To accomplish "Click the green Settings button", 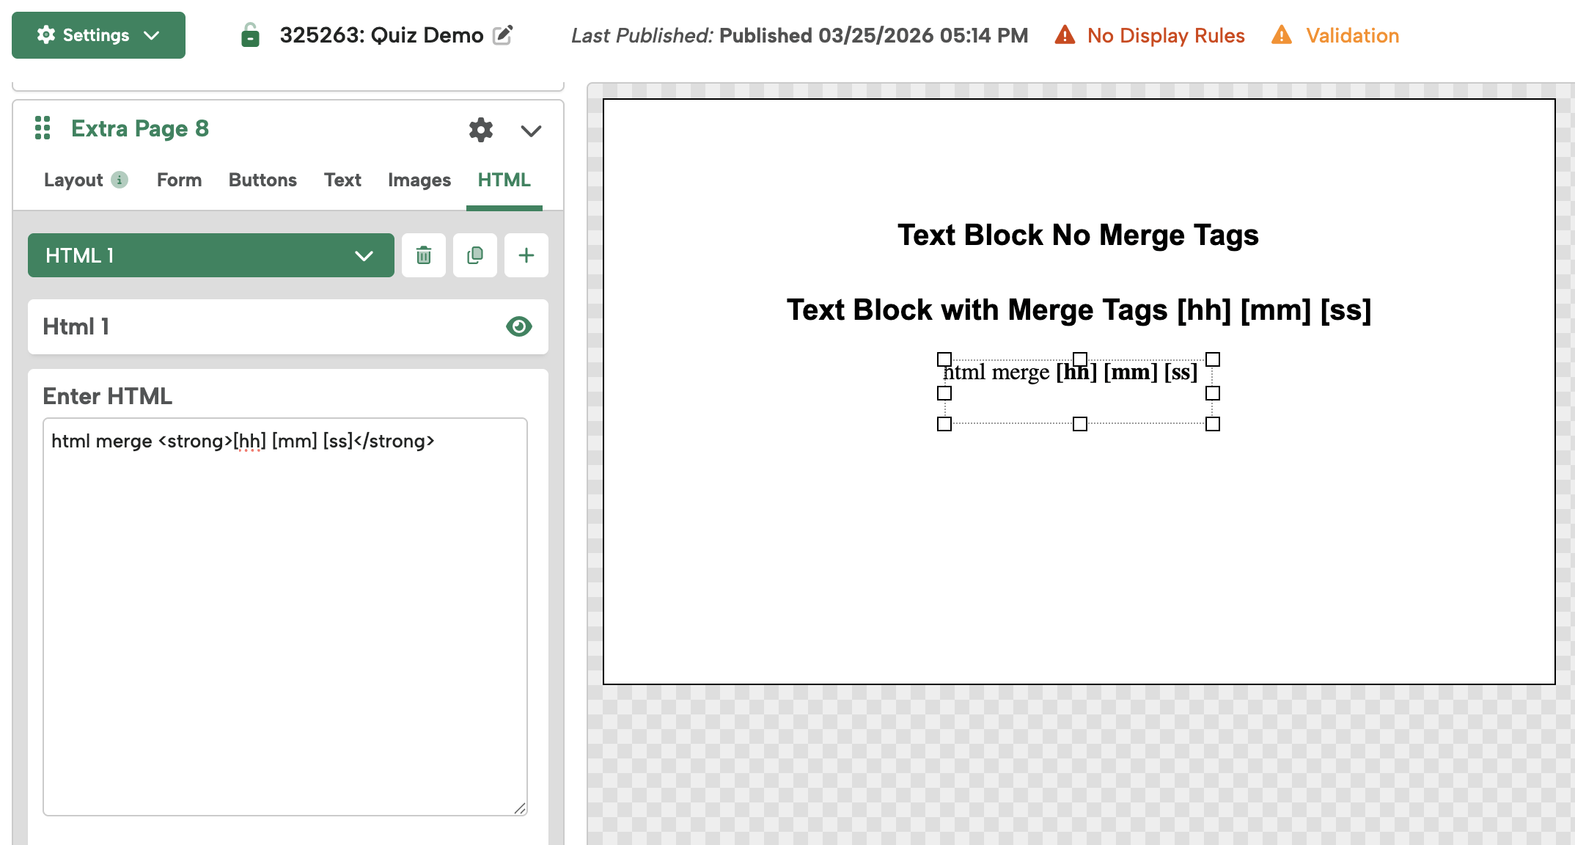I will point(98,35).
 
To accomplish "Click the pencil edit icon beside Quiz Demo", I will point(502,35).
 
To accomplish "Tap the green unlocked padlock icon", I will point(250,35).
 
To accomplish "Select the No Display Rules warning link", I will point(1165,35).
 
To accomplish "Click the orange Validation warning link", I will point(1351,35).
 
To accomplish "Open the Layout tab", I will point(73,180).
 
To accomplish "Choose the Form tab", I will point(179,180).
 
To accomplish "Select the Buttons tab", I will point(262,180).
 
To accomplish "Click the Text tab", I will point(342,180).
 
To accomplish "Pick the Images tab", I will point(419,180).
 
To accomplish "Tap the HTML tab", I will point(504,180).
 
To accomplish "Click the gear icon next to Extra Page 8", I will point(481,130).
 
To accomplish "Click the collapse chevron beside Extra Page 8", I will point(531,131).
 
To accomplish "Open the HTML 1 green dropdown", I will point(211,255).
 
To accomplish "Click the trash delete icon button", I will point(424,255).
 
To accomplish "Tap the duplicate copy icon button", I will point(475,255).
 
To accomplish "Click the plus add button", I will point(526,255).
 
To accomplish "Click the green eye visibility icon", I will point(518,326).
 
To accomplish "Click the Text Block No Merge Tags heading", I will point(1078,235).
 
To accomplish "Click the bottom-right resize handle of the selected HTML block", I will point(1213,424).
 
